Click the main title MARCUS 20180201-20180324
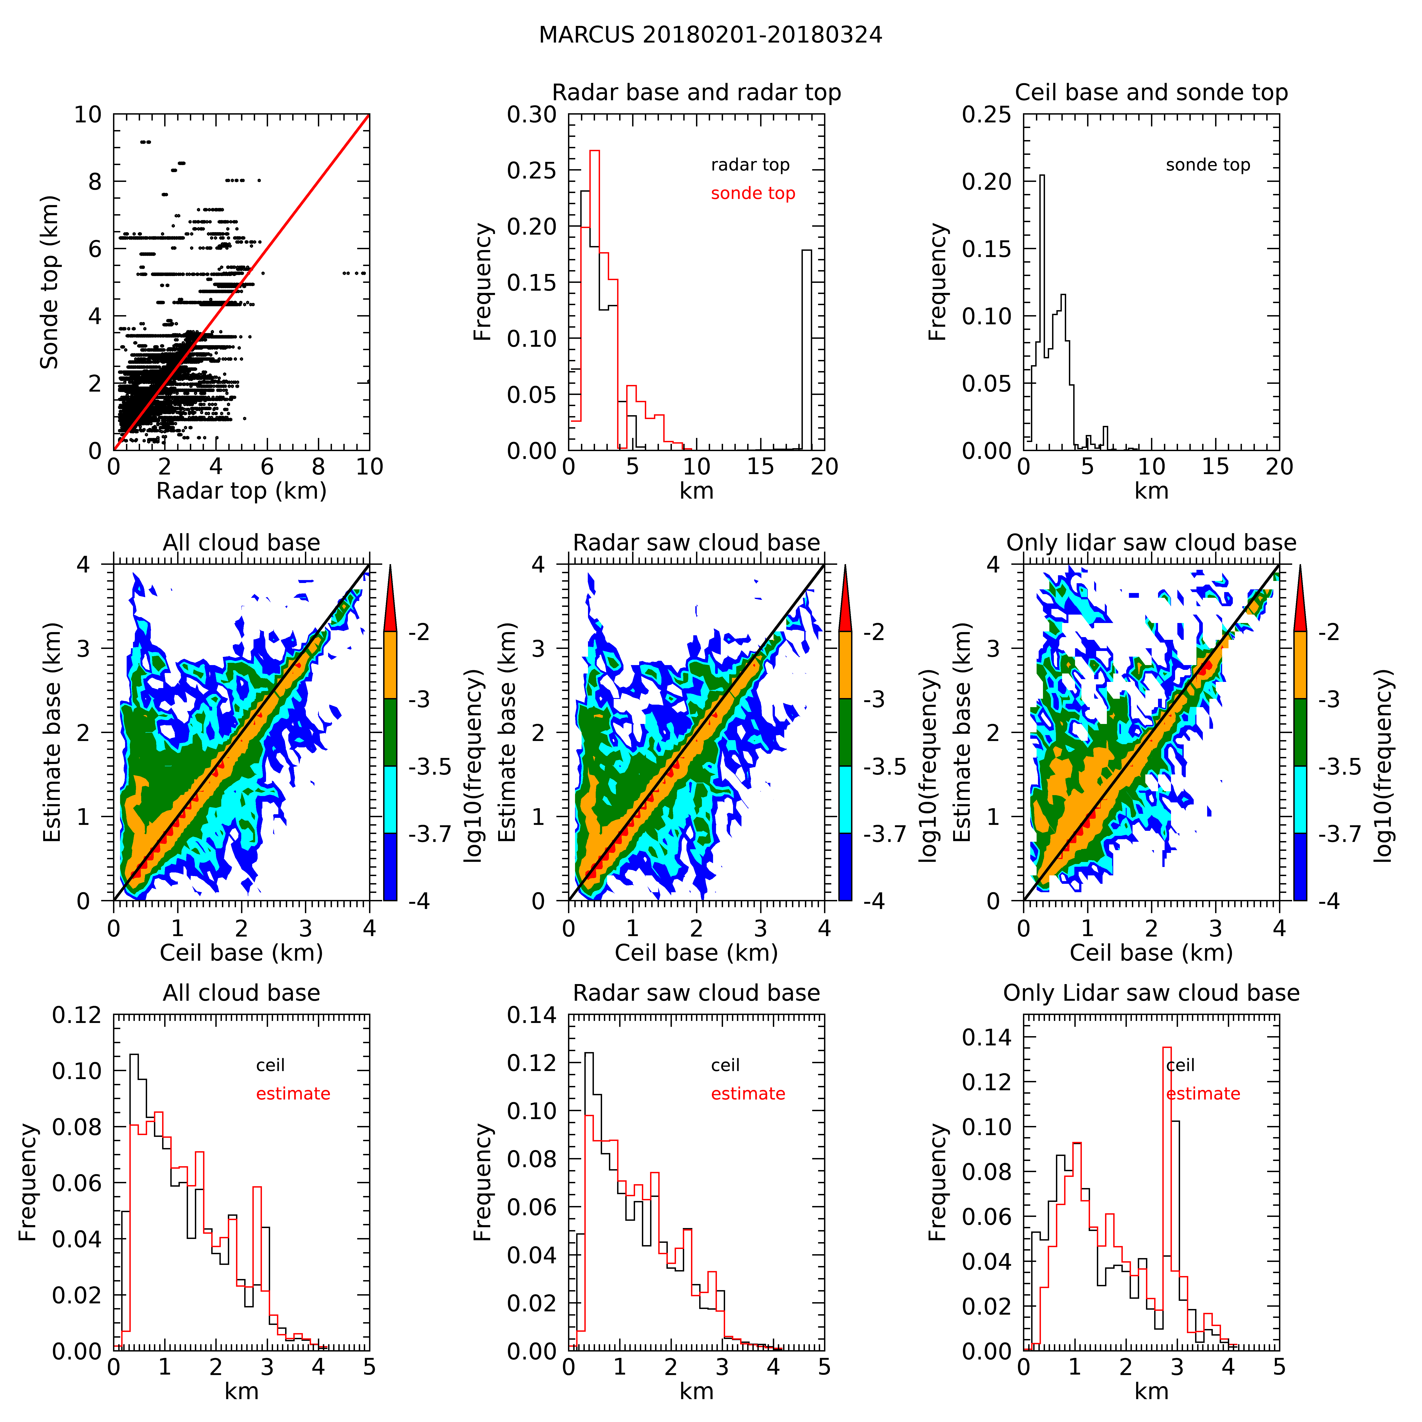tap(710, 35)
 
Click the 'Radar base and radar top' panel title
tap(696, 93)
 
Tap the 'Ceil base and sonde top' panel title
tap(1151, 93)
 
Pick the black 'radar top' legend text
tap(750, 165)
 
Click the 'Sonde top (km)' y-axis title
tap(49, 282)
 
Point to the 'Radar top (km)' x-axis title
tap(241, 491)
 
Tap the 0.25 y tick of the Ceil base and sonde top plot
tap(986, 115)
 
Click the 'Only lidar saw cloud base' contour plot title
tap(1151, 543)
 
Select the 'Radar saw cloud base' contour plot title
tap(696, 543)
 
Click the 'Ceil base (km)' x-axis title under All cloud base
tap(241, 953)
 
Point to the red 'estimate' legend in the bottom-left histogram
tap(293, 1094)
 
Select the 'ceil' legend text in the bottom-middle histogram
tap(725, 1065)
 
